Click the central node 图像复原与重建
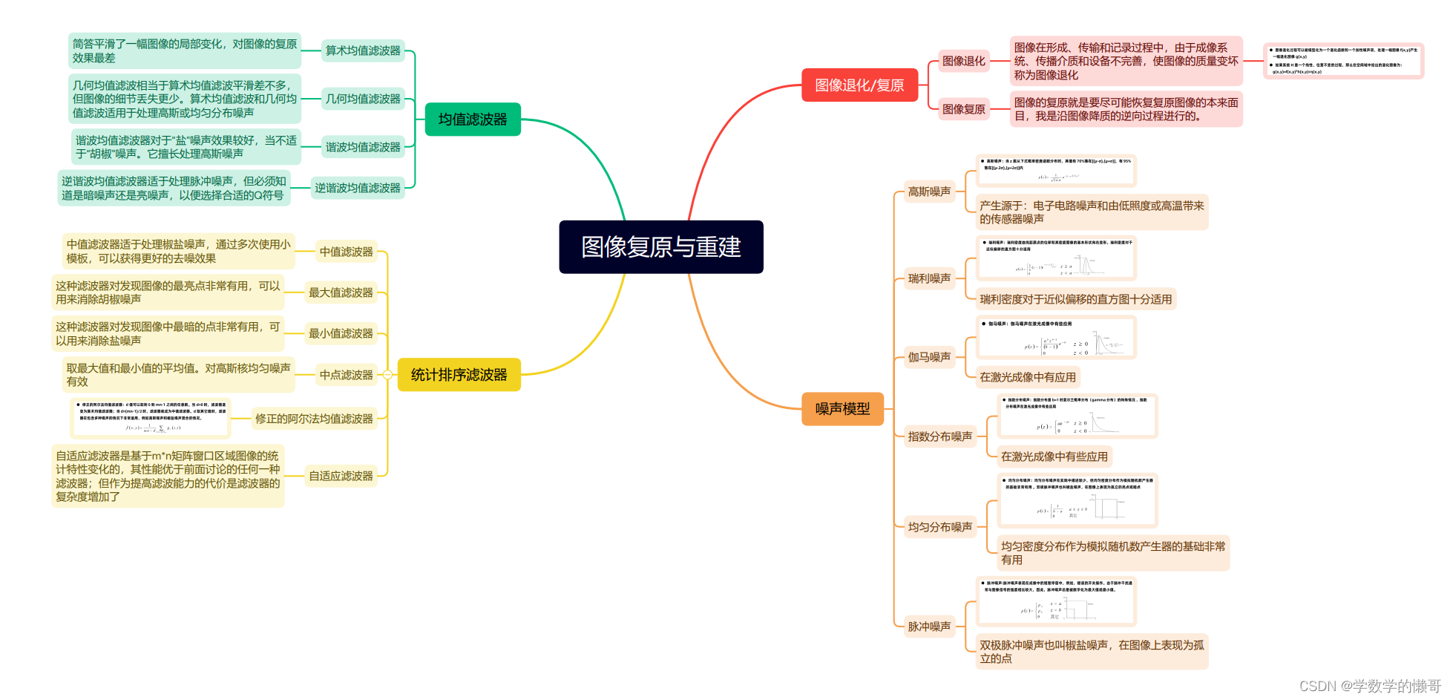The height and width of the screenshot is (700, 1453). tap(660, 247)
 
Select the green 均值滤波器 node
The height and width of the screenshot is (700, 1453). tap(473, 120)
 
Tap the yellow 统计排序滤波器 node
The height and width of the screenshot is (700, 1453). tap(459, 375)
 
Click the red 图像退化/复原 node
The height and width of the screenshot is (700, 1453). tap(859, 85)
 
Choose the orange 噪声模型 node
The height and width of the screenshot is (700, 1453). tap(842, 409)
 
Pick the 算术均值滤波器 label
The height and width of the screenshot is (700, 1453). tap(363, 50)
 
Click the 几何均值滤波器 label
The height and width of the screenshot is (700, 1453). tap(363, 99)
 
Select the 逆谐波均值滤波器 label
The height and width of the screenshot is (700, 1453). tap(357, 188)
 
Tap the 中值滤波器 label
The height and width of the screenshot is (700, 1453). tap(346, 252)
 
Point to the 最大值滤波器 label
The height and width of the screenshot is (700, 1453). tap(341, 292)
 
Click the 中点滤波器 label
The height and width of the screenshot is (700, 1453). tap(346, 375)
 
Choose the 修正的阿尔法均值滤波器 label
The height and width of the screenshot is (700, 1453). tap(314, 419)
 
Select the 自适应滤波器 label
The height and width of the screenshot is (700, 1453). tap(341, 476)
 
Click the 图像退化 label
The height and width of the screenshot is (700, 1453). tap(963, 61)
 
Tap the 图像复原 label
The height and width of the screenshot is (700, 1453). tap(963, 109)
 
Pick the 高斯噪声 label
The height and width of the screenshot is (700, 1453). tap(929, 192)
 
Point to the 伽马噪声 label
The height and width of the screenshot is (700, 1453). tap(929, 357)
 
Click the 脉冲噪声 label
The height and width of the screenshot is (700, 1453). tap(929, 627)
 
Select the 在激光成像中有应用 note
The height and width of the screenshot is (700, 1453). tap(1027, 377)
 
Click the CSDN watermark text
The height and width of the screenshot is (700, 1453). tap(1370, 686)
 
